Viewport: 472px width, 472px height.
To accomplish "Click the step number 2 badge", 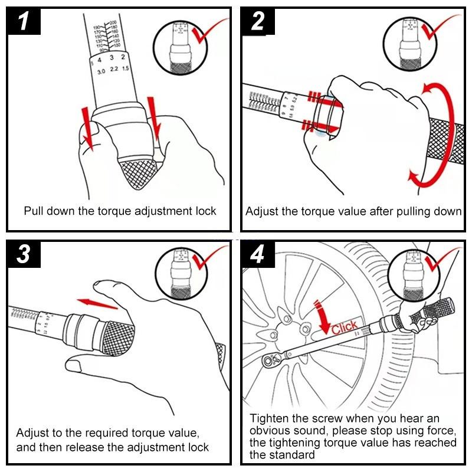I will point(258,22).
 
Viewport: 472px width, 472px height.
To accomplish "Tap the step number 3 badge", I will point(24,255).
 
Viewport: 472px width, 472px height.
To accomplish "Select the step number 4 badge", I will point(258,255).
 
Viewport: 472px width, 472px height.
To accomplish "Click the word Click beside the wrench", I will point(345,328).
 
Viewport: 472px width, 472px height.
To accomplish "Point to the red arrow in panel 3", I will point(99,303).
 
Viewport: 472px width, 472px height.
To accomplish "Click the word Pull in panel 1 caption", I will point(34,211).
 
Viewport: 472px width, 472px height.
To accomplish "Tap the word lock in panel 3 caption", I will point(198,447).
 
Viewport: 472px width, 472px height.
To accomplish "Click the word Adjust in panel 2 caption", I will point(261,211).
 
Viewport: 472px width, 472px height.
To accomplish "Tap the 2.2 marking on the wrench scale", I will point(114,70).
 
